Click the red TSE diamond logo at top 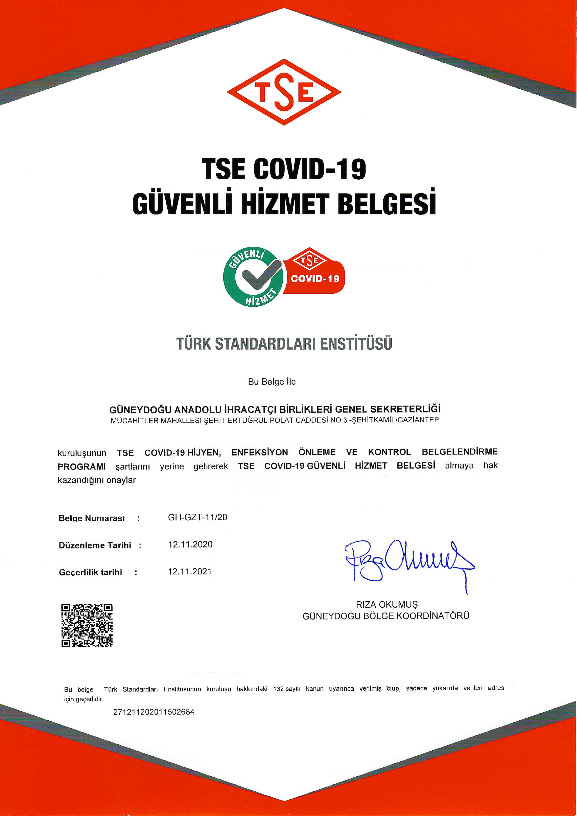point(284,92)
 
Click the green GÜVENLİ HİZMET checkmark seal point(253,277)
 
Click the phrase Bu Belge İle point(272,382)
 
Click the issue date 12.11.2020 point(190,545)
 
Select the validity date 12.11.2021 point(189,572)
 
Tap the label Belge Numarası point(92,518)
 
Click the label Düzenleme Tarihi point(95,545)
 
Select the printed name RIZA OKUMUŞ point(387,605)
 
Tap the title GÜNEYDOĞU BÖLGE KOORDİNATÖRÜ point(386,616)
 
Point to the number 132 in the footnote point(278,689)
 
